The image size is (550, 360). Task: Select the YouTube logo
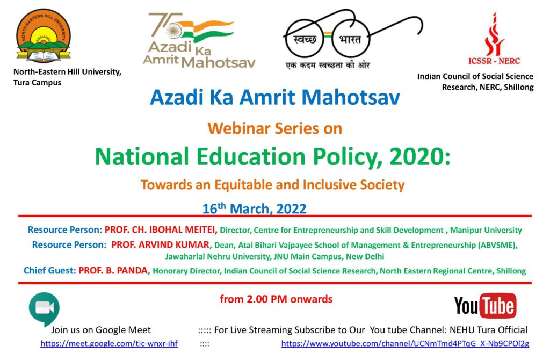[485, 306]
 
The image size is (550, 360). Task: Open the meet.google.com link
[108, 343]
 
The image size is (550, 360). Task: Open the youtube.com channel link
[405, 343]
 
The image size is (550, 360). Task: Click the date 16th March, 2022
[254, 208]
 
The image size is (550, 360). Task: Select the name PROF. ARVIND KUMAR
[160, 244]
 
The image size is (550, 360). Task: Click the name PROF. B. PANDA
[113, 271]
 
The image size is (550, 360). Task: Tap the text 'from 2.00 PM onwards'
[276, 299]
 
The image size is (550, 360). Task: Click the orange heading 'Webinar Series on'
[274, 128]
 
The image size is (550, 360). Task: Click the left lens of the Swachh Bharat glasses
[305, 39]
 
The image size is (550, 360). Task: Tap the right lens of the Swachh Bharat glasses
[351, 39]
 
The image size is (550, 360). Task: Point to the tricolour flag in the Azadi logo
[204, 31]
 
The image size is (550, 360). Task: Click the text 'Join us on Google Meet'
[101, 330]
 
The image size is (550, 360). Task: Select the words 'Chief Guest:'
[50, 271]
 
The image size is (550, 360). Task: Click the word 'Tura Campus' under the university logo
[37, 83]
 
